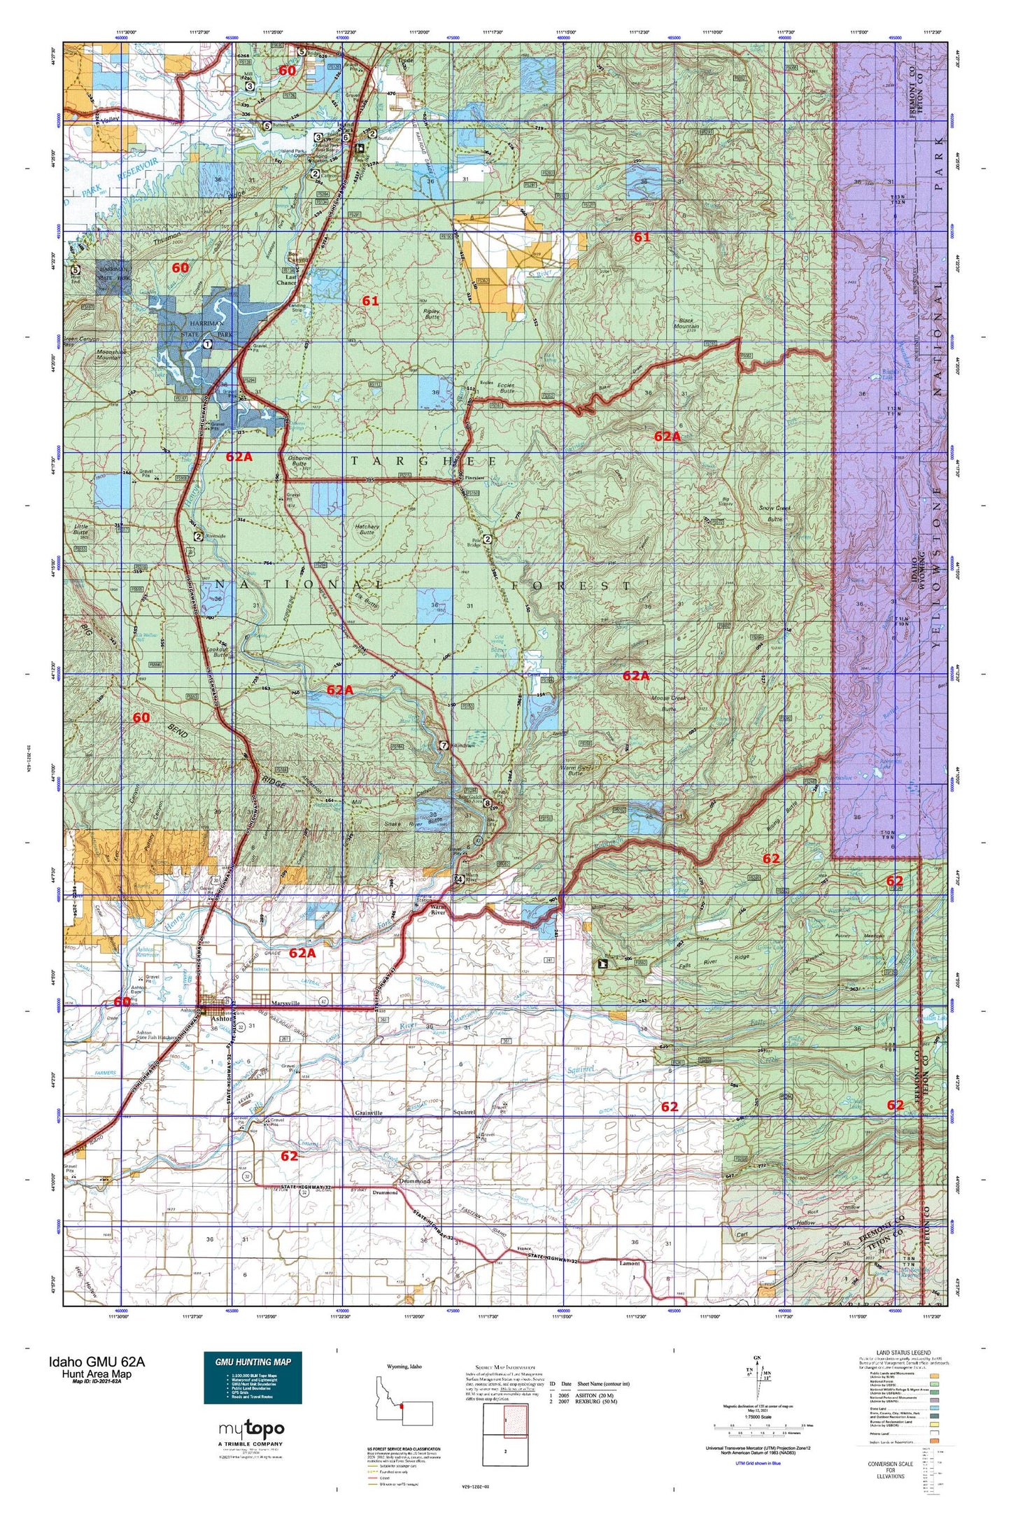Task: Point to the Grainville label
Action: pyautogui.click(x=369, y=1113)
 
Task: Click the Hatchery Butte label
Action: pyautogui.click(x=367, y=530)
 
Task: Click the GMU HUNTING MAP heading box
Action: pyautogui.click(x=253, y=1361)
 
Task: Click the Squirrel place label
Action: pyautogui.click(x=464, y=1112)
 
